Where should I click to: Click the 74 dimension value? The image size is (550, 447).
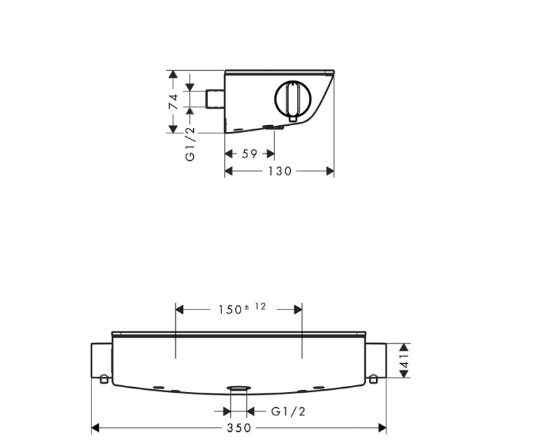173,102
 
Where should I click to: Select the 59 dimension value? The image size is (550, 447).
250,153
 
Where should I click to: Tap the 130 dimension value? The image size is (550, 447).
280,171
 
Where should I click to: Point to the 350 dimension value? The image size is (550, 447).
239,428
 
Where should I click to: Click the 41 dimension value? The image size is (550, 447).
405,360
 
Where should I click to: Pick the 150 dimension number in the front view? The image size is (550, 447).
230,310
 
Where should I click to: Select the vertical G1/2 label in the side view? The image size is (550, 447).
190,144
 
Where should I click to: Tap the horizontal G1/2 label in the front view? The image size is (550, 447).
288,411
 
